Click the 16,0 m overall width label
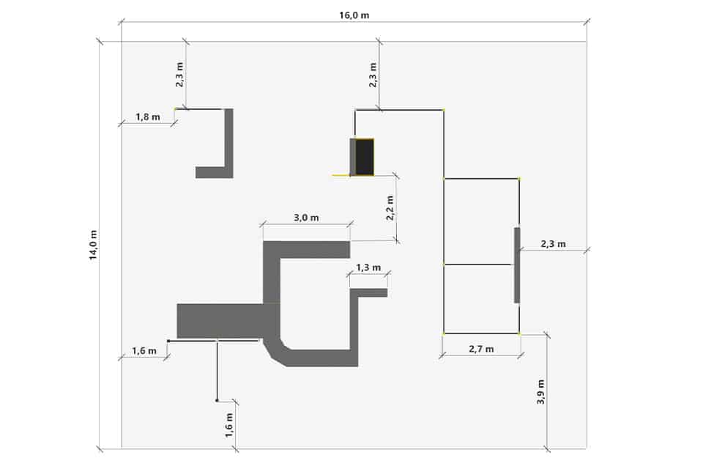pos(354,15)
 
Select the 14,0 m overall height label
pos(93,245)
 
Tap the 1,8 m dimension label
pos(147,117)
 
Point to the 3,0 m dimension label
pos(306,218)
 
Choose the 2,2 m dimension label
pos(390,208)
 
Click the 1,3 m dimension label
pos(368,268)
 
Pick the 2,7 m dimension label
pos(481,349)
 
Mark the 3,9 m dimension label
pos(540,392)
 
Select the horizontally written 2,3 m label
pos(553,244)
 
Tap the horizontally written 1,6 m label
pos(144,350)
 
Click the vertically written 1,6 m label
pos(229,425)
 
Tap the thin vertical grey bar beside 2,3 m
pos(517,265)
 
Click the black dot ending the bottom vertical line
pos(217,400)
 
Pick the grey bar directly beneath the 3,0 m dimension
pos(306,250)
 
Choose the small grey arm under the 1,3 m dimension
pos(368,293)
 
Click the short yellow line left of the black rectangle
pos(341,175)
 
